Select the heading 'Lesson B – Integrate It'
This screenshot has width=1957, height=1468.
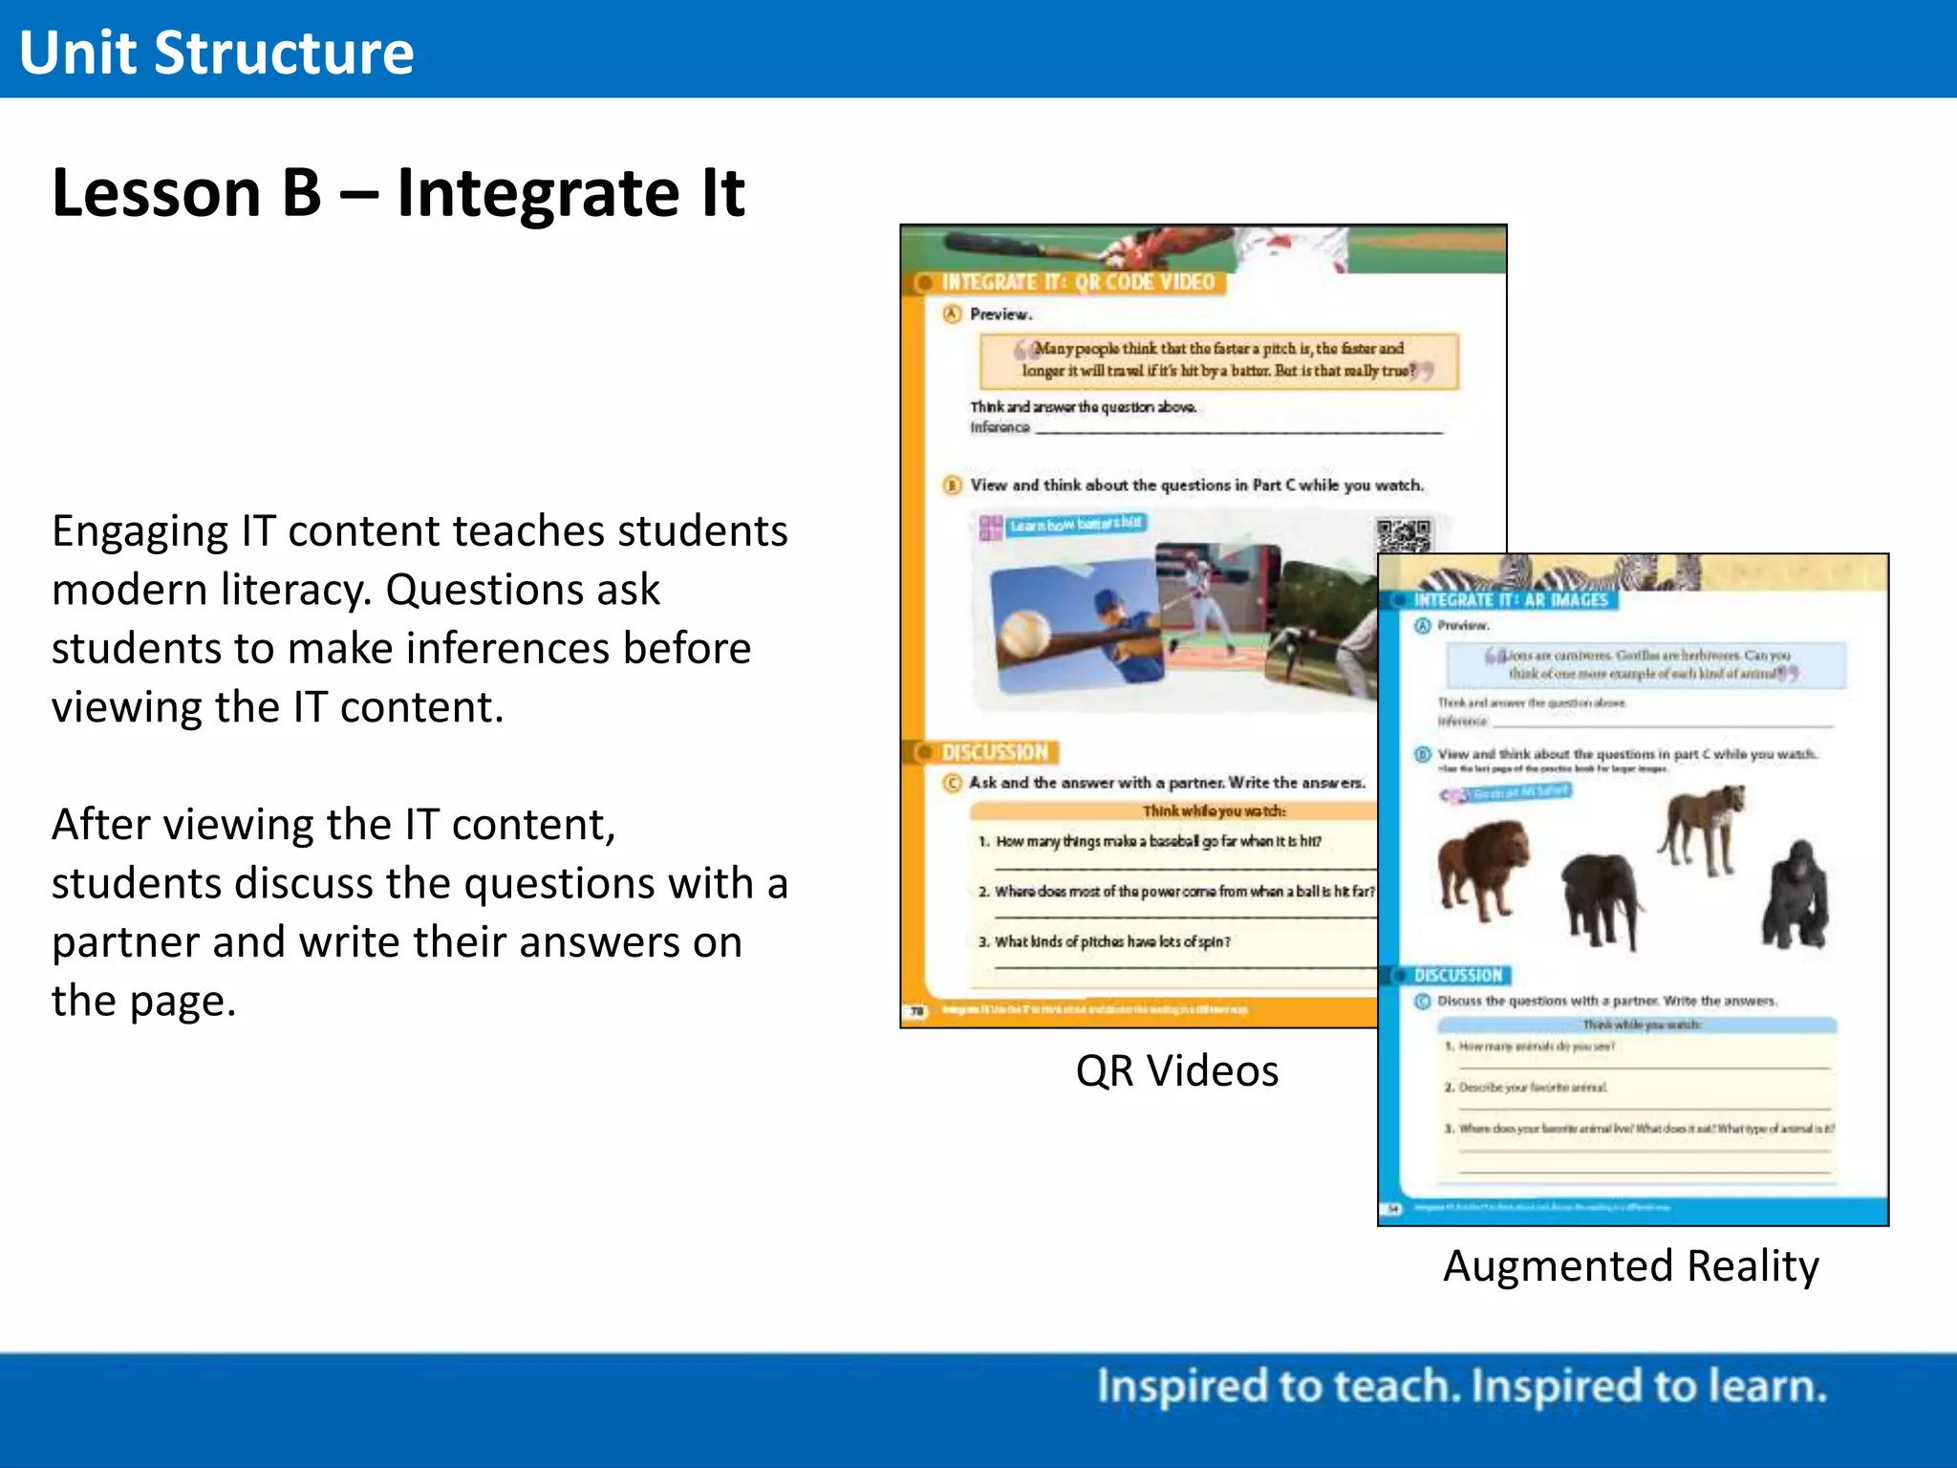[398, 193]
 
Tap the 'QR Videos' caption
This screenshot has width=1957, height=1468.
[1176, 1070]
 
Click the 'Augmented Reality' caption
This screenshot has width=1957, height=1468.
[1630, 1265]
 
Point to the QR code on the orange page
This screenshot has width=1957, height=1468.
[1403, 534]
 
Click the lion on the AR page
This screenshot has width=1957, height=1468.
[1481, 868]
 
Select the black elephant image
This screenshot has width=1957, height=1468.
[1602, 896]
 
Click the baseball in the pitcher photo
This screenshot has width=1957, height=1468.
[1023, 633]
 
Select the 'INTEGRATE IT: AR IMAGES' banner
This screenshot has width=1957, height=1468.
[1510, 600]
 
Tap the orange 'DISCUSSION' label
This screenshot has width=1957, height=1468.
[994, 752]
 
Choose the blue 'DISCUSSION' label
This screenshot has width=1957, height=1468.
[1457, 975]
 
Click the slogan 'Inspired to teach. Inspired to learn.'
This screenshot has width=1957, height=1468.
[1461, 1386]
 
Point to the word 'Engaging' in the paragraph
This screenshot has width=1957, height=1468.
[140, 531]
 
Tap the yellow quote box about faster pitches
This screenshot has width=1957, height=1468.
[1218, 360]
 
